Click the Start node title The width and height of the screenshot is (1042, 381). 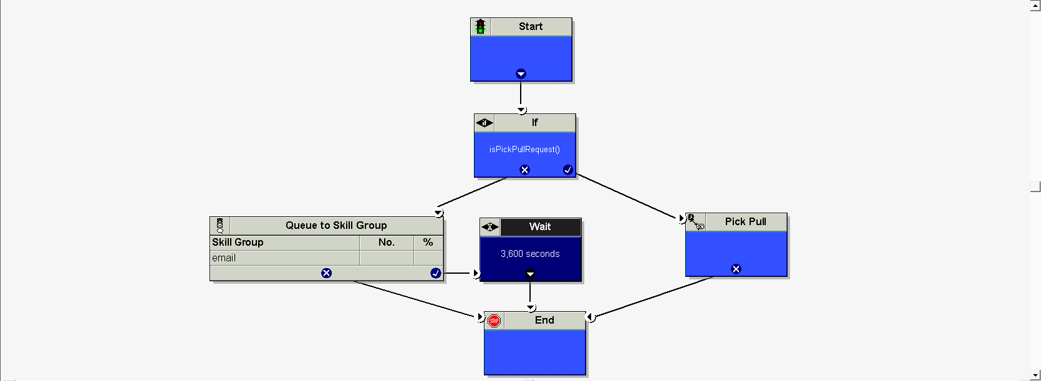[531, 26]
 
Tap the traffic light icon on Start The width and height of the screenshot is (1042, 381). [480, 26]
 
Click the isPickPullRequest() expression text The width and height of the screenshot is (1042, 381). [524, 149]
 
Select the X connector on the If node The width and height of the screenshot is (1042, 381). [524, 170]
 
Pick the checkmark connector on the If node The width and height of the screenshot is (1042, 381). [567, 170]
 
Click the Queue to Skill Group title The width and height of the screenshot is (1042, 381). [336, 225]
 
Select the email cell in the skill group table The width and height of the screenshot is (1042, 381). [224, 258]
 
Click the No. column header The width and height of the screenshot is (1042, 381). [386, 242]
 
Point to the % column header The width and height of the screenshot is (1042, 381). [428, 242]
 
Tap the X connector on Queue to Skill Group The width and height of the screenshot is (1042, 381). [326, 273]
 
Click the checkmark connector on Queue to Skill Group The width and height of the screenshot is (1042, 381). [435, 273]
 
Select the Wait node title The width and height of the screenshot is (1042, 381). [540, 226]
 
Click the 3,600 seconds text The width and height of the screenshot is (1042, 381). [530, 254]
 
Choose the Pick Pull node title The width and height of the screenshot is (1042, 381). [745, 221]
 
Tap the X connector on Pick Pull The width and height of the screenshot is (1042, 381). [736, 269]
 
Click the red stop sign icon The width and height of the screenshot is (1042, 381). [494, 321]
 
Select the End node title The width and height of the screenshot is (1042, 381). [544, 320]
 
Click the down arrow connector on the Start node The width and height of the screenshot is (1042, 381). [521, 74]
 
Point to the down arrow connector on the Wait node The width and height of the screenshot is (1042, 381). [530, 274]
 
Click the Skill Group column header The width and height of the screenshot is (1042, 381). [238, 242]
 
